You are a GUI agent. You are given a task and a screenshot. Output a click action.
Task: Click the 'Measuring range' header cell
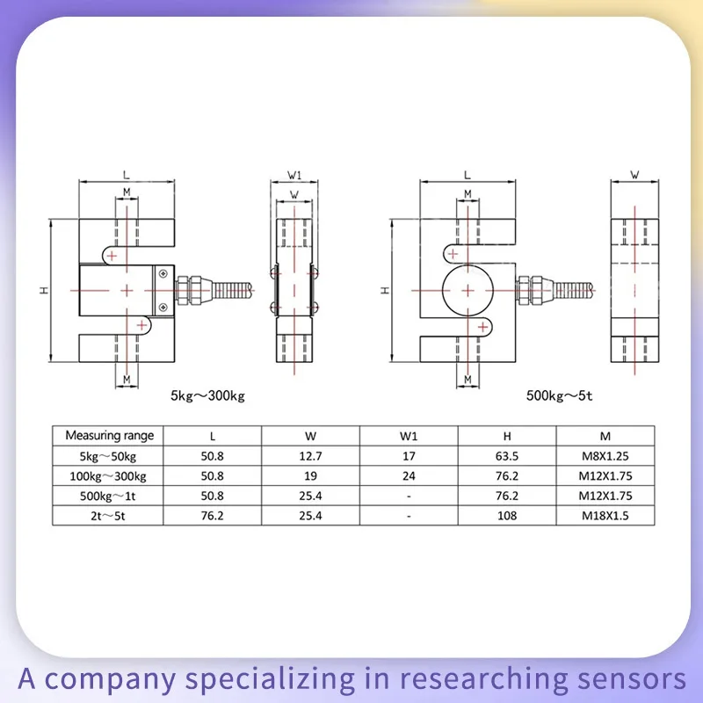(x=109, y=435)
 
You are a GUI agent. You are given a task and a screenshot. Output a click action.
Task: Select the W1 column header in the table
(x=409, y=435)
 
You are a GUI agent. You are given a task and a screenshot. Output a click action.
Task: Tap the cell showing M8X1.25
(x=605, y=455)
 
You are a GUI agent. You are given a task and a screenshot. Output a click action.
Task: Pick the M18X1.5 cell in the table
(x=605, y=516)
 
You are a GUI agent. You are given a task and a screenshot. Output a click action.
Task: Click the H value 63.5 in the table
(x=507, y=455)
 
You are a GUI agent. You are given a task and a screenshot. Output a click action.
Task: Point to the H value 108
(x=507, y=516)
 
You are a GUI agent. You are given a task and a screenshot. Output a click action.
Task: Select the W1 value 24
(x=409, y=475)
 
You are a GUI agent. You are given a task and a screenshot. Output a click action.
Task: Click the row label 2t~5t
(x=109, y=516)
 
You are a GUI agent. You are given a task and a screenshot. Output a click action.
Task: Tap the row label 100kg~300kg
(x=109, y=475)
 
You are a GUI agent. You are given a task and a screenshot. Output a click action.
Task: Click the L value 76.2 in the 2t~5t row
(x=214, y=516)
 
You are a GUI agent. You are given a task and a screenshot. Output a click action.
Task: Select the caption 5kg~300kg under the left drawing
(x=207, y=396)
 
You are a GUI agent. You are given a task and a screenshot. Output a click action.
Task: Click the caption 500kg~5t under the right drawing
(x=560, y=396)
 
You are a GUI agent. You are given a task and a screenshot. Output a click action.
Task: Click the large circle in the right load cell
(x=467, y=289)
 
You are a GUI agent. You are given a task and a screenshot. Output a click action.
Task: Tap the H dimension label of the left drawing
(x=42, y=290)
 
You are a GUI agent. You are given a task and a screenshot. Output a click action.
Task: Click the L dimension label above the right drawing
(x=467, y=175)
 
